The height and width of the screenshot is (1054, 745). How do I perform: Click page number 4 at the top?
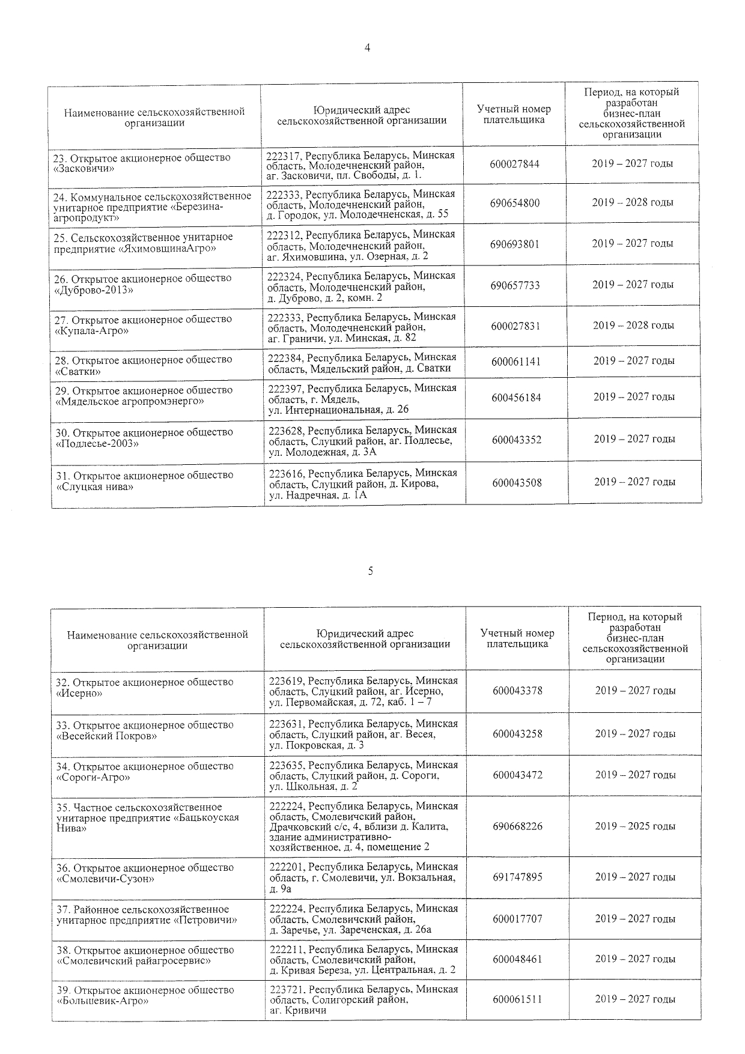pyautogui.click(x=368, y=49)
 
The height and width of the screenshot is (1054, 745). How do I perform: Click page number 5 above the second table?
pyautogui.click(x=370, y=571)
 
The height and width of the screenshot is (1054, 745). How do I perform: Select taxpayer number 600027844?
pyautogui.click(x=515, y=164)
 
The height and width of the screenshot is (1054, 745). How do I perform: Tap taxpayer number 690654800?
pyautogui.click(x=515, y=203)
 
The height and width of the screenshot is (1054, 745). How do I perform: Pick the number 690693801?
pyautogui.click(x=515, y=244)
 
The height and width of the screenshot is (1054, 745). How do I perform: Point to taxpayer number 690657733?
pyautogui.click(x=515, y=285)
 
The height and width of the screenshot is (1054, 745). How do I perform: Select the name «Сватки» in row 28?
pyautogui.click(x=78, y=372)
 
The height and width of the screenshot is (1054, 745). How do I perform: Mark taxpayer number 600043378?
pyautogui.click(x=517, y=691)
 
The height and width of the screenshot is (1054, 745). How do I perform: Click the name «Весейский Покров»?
pyautogui.click(x=106, y=736)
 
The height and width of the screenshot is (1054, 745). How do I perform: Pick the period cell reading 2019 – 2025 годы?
pyautogui.click(x=635, y=826)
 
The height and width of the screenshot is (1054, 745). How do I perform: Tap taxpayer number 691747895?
pyautogui.click(x=517, y=877)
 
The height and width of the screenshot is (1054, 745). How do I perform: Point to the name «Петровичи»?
pyautogui.click(x=205, y=920)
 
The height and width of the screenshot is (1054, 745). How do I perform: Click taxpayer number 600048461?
pyautogui.click(x=517, y=960)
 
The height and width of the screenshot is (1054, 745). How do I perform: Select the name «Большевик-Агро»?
pyautogui.click(x=102, y=1001)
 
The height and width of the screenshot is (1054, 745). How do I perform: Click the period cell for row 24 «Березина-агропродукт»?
pyautogui.click(x=633, y=202)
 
